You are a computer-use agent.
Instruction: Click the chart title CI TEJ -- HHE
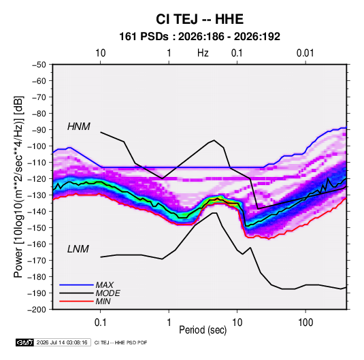tap(199, 19)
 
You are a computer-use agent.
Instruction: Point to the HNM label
tap(79, 127)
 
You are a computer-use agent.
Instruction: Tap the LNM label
tap(78, 249)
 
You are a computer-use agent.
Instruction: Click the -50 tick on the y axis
tap(39, 65)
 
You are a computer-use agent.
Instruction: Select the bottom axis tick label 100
tap(305, 323)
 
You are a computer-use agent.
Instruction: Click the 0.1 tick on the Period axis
tap(100, 323)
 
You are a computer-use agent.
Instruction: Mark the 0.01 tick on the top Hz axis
tap(305, 53)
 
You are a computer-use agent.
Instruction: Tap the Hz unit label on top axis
tap(203, 53)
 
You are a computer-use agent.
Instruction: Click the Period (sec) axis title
tap(203, 330)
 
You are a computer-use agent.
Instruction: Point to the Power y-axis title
tap(19, 186)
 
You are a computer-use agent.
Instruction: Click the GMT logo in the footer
tap(25, 342)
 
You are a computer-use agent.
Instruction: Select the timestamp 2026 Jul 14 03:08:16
tap(62, 342)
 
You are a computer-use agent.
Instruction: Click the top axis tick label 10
tap(101, 53)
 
